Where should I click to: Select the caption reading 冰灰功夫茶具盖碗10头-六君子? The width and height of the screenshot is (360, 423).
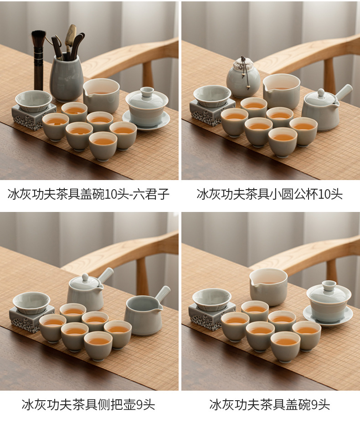(88, 194)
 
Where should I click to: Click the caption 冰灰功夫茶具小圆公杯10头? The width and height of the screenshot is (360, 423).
(270, 194)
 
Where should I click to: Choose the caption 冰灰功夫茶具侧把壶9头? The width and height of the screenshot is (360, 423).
(88, 405)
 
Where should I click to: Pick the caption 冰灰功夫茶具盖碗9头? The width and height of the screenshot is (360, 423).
(270, 405)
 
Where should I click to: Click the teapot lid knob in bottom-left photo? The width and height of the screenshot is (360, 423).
(85, 277)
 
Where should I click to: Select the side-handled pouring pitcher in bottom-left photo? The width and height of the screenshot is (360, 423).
(144, 314)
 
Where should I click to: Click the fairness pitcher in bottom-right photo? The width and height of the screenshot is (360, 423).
(268, 287)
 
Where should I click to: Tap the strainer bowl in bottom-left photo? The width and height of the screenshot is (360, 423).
(31, 303)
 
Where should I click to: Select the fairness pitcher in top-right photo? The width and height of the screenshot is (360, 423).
(281, 91)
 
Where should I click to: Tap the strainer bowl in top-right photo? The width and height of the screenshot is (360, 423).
(212, 96)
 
